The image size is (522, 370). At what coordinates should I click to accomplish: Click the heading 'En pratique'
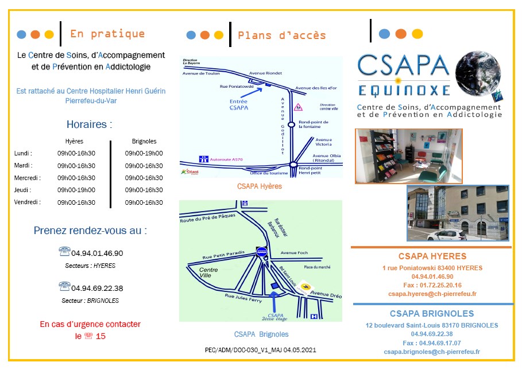pyautogui.click(x=107, y=34)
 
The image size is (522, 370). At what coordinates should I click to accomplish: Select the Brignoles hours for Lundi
pyautogui.click(x=144, y=153)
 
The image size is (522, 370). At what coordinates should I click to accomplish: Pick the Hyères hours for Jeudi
pyautogui.click(x=76, y=190)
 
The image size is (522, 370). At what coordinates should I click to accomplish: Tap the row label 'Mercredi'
pyautogui.click(x=26, y=178)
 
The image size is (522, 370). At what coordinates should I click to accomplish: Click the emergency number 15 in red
pyautogui.click(x=101, y=336)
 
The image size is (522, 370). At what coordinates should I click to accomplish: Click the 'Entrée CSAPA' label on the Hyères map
pyautogui.click(x=238, y=104)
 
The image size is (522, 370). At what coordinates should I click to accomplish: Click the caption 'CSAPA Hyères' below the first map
pyautogui.click(x=260, y=186)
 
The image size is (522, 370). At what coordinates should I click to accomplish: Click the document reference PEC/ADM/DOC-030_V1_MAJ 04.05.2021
pyautogui.click(x=260, y=349)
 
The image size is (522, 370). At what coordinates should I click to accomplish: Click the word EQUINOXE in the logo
pyautogui.click(x=396, y=90)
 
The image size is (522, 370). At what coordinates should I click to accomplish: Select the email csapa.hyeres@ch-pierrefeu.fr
pyautogui.click(x=432, y=294)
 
